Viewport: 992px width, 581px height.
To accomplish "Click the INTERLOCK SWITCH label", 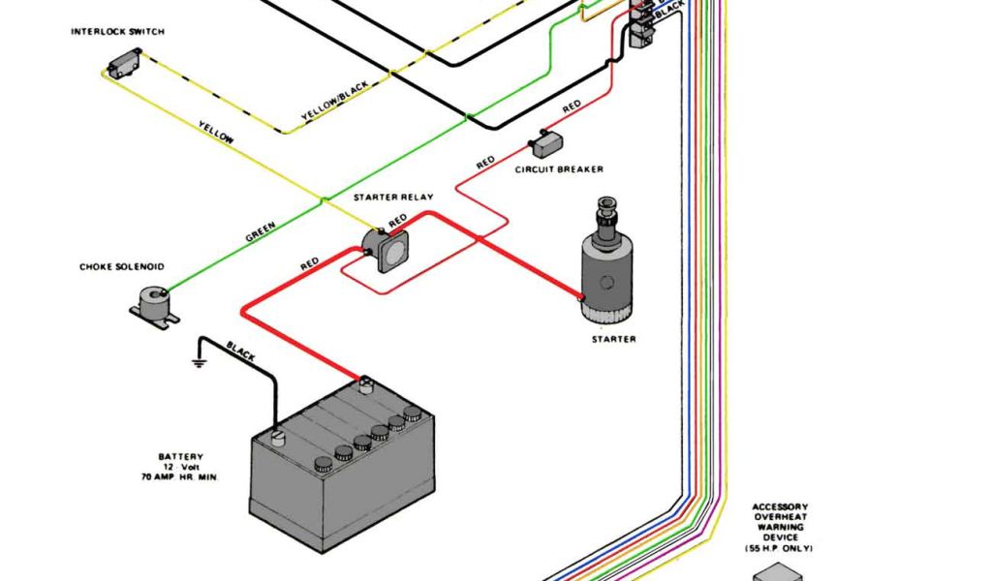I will [117, 32].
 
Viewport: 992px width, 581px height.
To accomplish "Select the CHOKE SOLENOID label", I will [121, 266].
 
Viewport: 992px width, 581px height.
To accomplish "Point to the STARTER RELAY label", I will [393, 198].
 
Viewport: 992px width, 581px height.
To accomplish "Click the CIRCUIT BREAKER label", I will [559, 169].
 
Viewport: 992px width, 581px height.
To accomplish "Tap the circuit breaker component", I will [546, 144].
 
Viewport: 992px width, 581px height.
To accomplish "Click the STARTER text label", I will [614, 339].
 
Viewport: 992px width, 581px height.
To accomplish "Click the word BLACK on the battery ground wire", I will [240, 352].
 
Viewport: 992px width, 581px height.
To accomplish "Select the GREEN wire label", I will [260, 233].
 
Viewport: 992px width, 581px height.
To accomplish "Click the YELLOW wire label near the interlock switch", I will [216, 133].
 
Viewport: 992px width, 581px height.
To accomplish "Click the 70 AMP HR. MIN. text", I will [179, 477].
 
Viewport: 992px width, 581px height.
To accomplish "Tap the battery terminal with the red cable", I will [366, 382].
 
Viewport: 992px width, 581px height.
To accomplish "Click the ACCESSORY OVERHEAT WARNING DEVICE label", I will [780, 522].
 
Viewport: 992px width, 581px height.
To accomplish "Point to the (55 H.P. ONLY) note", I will [780, 549].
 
